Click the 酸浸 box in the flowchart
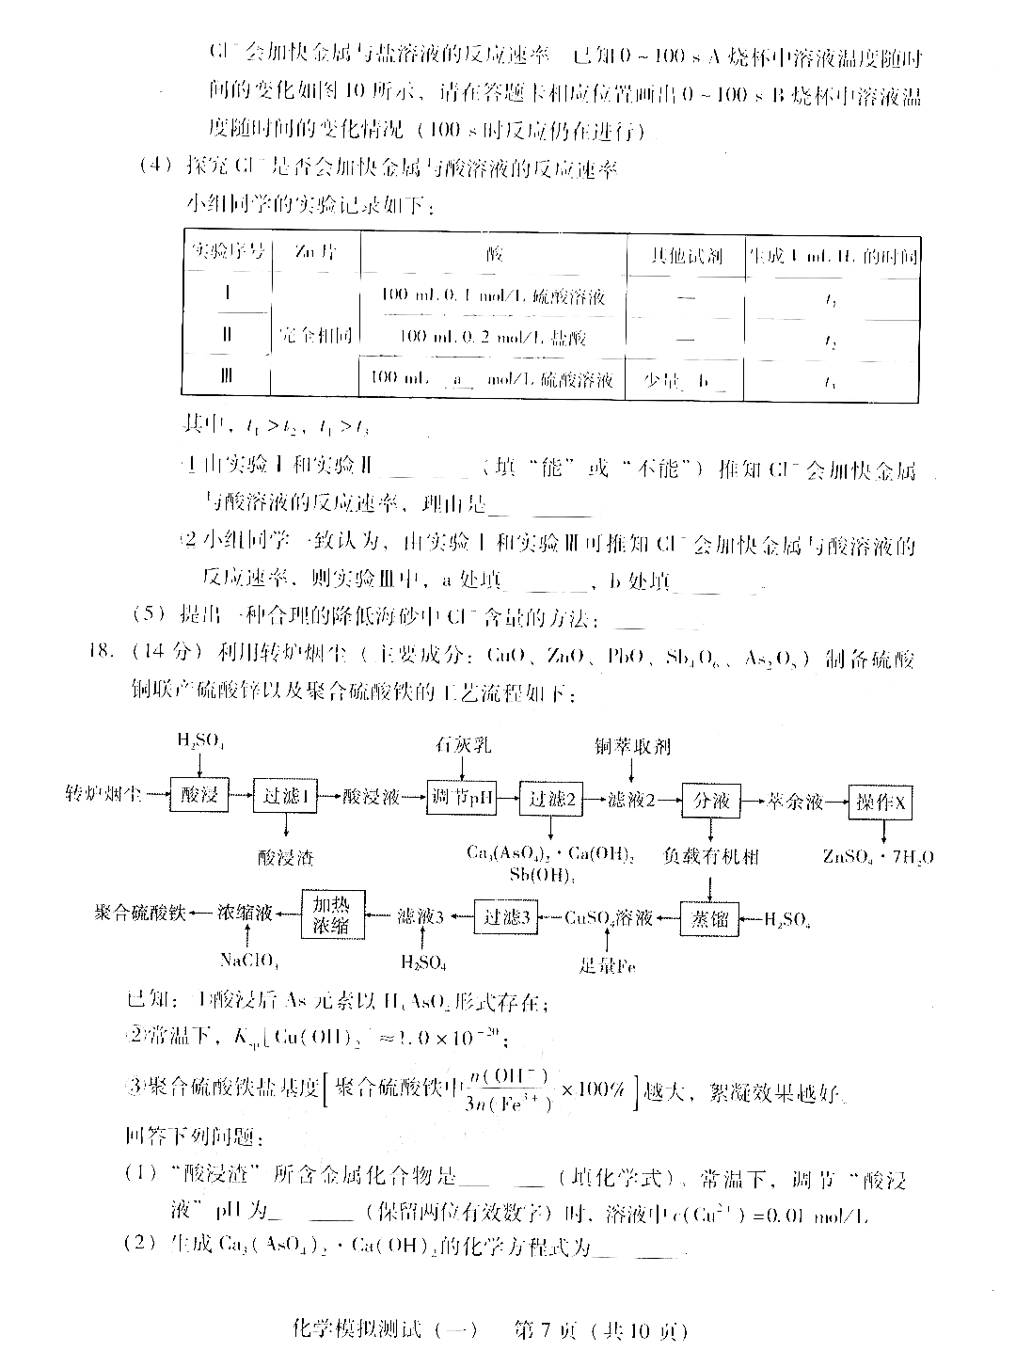pyautogui.click(x=198, y=797)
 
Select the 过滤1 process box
pyautogui.click(x=285, y=797)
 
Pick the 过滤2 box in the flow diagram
pyautogui.click(x=550, y=799)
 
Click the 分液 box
pyautogui.click(x=710, y=800)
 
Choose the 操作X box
pyautogui.click(x=880, y=802)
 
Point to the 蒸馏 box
pyautogui.click(x=710, y=918)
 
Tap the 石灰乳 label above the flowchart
pyautogui.click(x=462, y=746)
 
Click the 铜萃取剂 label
pyautogui.click(x=632, y=746)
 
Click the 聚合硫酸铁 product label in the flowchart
pyautogui.click(x=140, y=913)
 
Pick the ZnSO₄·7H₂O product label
pyautogui.click(x=877, y=856)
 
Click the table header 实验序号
pyautogui.click(x=227, y=252)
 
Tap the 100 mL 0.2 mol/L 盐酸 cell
pyautogui.click(x=493, y=336)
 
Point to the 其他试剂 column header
pyautogui.click(x=686, y=255)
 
